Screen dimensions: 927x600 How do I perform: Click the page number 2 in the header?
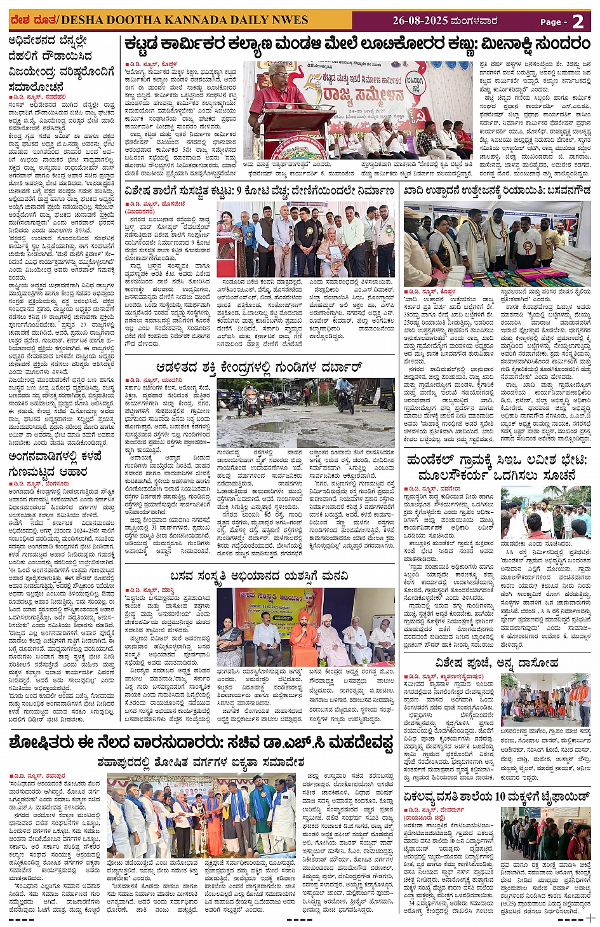coord(578,21)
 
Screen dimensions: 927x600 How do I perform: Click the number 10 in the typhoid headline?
coord(500,796)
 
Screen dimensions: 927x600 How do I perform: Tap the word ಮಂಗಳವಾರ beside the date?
coord(474,21)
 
